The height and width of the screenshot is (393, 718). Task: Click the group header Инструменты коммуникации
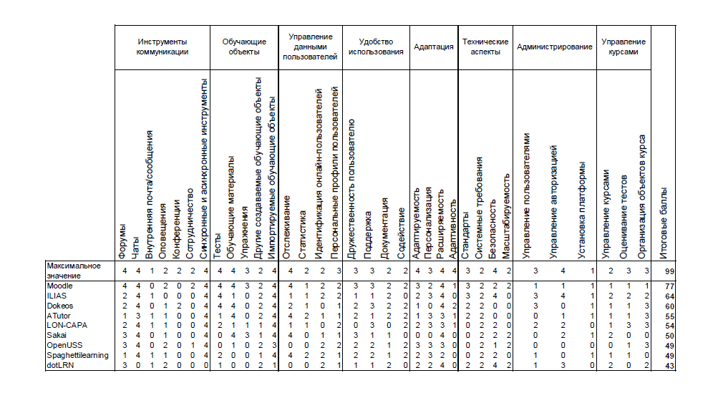coord(162,47)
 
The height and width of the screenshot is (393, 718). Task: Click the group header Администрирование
coord(554,47)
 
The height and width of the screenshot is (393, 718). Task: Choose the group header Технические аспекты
coord(485,47)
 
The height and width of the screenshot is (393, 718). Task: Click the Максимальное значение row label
coord(74,271)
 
